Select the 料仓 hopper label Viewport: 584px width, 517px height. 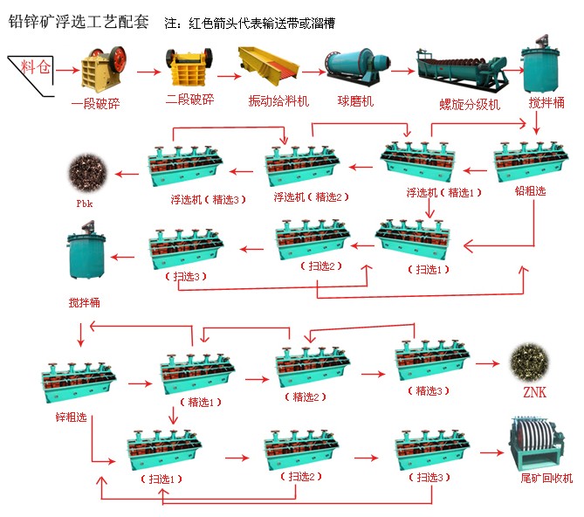pos(35,65)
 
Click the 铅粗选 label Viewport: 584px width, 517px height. pos(530,191)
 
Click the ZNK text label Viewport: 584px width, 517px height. pos(533,391)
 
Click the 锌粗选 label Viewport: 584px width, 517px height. pos(70,417)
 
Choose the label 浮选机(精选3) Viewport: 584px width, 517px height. pos(208,199)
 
